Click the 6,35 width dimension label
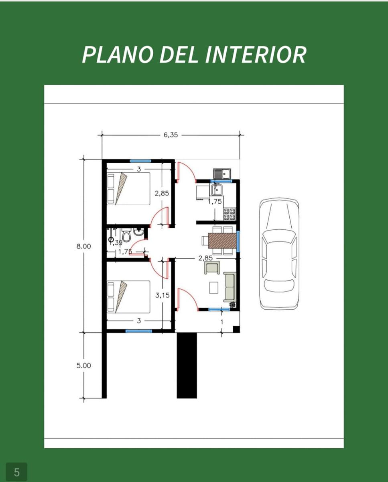[171, 135]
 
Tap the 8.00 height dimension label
[84, 246]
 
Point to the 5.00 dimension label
[84, 366]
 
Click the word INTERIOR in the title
[256, 55]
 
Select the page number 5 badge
[16, 472]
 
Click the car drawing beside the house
[279, 253]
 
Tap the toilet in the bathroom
[126, 235]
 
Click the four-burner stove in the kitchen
[230, 214]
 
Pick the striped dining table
[222, 241]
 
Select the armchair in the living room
[212, 268]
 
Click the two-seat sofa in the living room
[230, 287]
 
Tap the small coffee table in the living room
[214, 288]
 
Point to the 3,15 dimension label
[163, 295]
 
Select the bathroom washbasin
[139, 231]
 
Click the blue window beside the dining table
[238, 241]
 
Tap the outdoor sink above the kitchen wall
[222, 174]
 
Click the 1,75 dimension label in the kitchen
[215, 202]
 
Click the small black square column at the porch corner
[236, 329]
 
